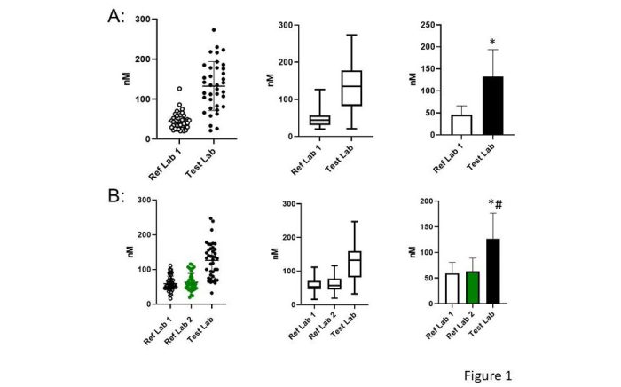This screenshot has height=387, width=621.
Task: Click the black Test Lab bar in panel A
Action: click(x=499, y=106)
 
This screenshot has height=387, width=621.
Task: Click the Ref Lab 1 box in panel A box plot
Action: click(x=295, y=120)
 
